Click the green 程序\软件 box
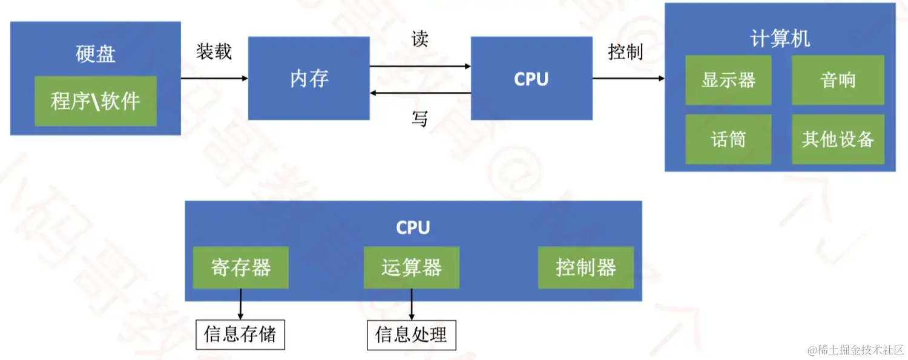[x=96, y=101]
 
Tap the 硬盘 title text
[x=96, y=54]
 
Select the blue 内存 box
[x=309, y=78]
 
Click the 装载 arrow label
[x=214, y=51]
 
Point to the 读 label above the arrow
[x=419, y=39]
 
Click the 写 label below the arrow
[x=419, y=119]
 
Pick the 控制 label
[x=625, y=52]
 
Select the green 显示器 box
[x=728, y=80]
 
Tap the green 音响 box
[x=838, y=80]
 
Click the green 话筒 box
[x=728, y=139]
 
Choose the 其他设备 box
[x=838, y=139]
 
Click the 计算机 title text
[x=780, y=39]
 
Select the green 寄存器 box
[x=241, y=267]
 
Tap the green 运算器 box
[x=412, y=267]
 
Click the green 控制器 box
[x=586, y=267]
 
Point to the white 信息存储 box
[x=240, y=335]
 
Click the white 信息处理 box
[x=412, y=335]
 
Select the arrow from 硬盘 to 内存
[x=214, y=78]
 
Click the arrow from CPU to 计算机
[x=628, y=78]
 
